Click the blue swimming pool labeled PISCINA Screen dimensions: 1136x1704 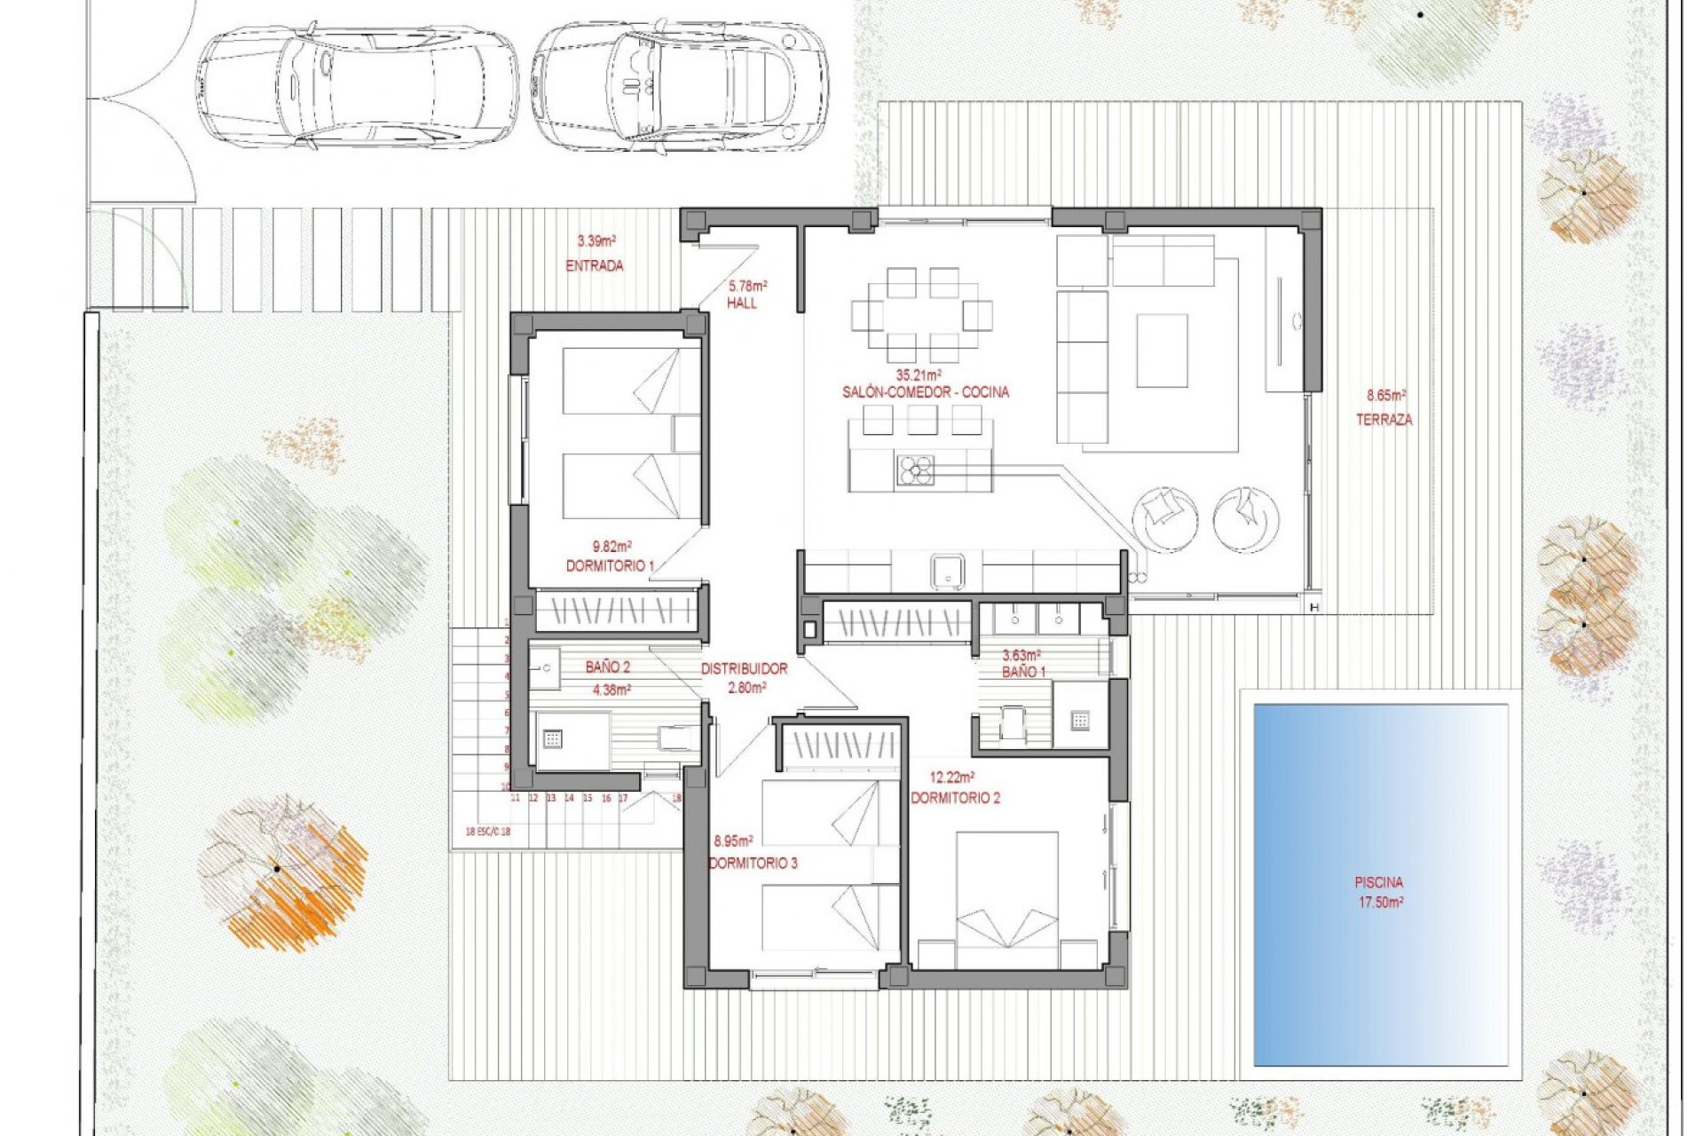[x=1380, y=883]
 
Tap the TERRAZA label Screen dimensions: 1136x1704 [x=1384, y=420]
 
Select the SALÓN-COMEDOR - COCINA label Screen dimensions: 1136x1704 [x=926, y=392]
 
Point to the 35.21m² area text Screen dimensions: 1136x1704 [x=919, y=375]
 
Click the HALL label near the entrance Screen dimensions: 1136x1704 [x=742, y=304]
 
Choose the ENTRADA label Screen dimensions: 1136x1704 [x=595, y=265]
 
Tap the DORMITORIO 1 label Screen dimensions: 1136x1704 [x=611, y=566]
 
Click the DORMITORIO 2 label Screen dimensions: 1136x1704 [x=956, y=798]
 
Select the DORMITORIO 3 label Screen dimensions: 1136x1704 [x=753, y=863]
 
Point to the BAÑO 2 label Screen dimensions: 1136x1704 [x=608, y=667]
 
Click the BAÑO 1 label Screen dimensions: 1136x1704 [x=1023, y=672]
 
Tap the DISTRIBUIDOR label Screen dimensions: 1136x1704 [x=745, y=669]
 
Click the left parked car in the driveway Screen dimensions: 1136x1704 [x=357, y=84]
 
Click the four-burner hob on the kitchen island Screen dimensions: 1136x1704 [x=915, y=470]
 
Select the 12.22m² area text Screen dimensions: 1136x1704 [x=952, y=777]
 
